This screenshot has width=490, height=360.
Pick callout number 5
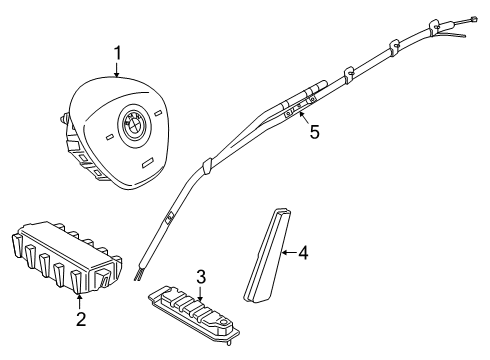pyautogui.click(x=314, y=131)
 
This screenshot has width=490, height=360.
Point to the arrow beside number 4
pyautogui.click(x=285, y=253)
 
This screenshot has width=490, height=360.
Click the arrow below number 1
pyautogui.click(x=117, y=72)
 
